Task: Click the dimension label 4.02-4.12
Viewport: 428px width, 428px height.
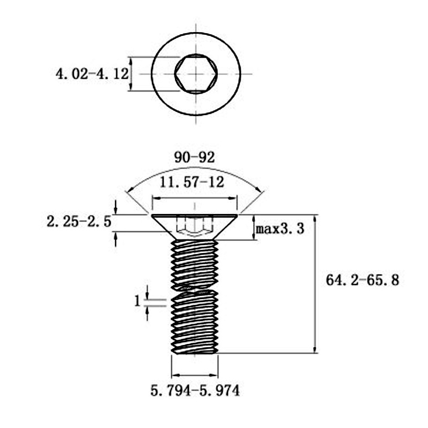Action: (92, 74)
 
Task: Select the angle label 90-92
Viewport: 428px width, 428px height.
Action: (194, 157)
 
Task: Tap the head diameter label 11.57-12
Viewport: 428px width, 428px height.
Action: (192, 182)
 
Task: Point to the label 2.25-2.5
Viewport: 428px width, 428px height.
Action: (79, 221)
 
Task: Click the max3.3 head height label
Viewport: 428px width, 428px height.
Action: (280, 229)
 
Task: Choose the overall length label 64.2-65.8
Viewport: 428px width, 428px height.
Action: (363, 280)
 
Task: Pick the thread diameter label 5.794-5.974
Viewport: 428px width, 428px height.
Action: (195, 391)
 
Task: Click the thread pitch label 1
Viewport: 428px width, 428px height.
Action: (137, 301)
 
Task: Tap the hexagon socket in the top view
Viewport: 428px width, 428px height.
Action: (196, 74)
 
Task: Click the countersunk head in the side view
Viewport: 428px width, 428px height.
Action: (195, 227)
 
